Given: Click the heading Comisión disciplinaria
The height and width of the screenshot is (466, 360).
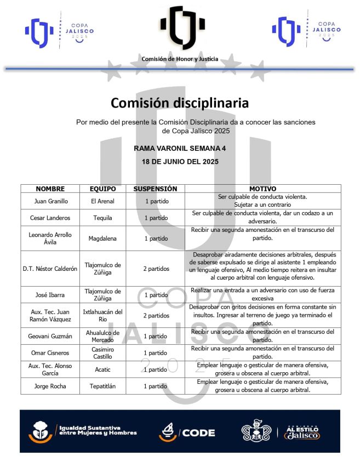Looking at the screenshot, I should pos(180,103).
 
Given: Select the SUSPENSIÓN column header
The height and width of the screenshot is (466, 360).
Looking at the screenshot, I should pos(155,189).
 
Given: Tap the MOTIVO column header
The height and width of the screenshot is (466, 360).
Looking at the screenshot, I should pos(262,189).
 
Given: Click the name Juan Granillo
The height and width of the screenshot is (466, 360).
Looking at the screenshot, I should pos(50,201).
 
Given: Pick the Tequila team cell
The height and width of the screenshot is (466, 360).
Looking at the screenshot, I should pos(102,218).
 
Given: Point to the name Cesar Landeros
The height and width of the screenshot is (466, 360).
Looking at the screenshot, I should pos(50,218).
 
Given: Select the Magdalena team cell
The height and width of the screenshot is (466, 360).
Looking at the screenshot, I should pos(102,238).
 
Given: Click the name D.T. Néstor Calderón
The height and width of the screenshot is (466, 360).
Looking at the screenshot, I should pos(50,269).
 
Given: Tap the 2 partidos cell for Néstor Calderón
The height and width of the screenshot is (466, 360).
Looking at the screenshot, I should pos(156,269).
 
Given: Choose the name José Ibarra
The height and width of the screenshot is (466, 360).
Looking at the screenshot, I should pos(50,295).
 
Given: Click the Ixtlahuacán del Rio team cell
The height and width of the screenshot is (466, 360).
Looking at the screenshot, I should pos(102,316).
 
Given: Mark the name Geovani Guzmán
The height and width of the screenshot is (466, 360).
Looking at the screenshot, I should pos(50,336).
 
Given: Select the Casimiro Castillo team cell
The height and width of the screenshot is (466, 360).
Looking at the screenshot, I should pos(102,353).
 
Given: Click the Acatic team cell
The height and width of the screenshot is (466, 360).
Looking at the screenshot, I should pos(102,370).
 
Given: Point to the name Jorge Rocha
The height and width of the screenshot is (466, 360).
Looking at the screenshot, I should pos(50,386).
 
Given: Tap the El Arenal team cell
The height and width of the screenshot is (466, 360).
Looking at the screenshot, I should pos(102,201).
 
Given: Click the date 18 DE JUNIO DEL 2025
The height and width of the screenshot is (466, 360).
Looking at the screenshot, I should pos(180,162).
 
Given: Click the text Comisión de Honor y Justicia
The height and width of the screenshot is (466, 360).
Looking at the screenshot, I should pos(180,59).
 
